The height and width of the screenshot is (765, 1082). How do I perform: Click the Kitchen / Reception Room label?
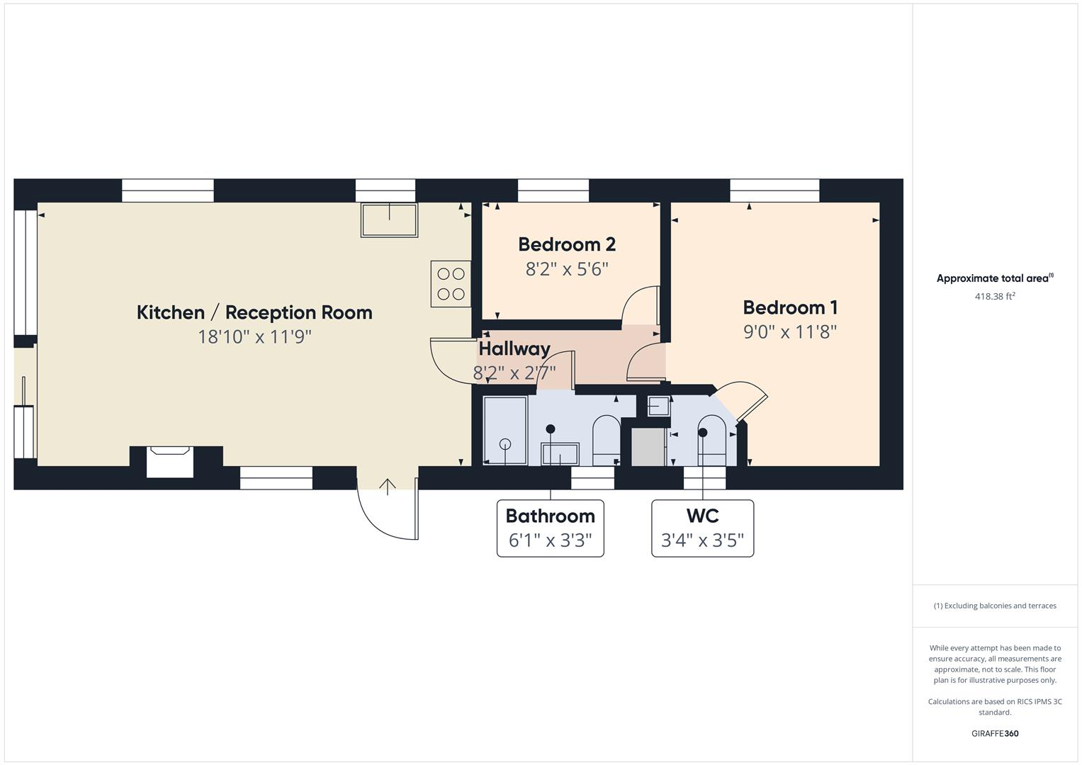(x=254, y=312)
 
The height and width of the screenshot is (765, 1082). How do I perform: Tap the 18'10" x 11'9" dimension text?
(x=254, y=336)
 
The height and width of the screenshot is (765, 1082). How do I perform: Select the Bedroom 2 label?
(x=567, y=244)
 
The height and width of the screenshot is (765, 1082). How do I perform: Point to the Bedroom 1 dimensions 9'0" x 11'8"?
(x=790, y=331)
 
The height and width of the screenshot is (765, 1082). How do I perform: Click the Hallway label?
(x=514, y=348)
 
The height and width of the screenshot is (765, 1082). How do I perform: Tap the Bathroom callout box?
(x=551, y=528)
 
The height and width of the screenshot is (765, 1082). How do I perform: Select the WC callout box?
(x=702, y=528)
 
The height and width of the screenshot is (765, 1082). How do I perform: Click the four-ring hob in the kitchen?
(x=451, y=284)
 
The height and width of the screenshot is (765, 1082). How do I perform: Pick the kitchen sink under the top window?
(x=389, y=220)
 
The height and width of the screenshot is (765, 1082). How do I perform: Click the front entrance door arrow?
(x=388, y=487)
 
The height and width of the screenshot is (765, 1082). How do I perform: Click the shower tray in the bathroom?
(x=505, y=431)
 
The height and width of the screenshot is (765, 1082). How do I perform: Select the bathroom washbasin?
(x=560, y=453)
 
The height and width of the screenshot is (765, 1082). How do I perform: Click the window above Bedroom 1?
(x=774, y=191)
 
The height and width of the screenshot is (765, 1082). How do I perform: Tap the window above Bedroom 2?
(x=553, y=191)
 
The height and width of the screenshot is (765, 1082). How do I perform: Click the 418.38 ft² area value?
(x=995, y=297)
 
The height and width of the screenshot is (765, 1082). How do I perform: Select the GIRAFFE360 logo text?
(x=995, y=733)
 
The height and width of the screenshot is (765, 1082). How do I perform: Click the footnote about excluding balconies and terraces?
(x=995, y=606)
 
